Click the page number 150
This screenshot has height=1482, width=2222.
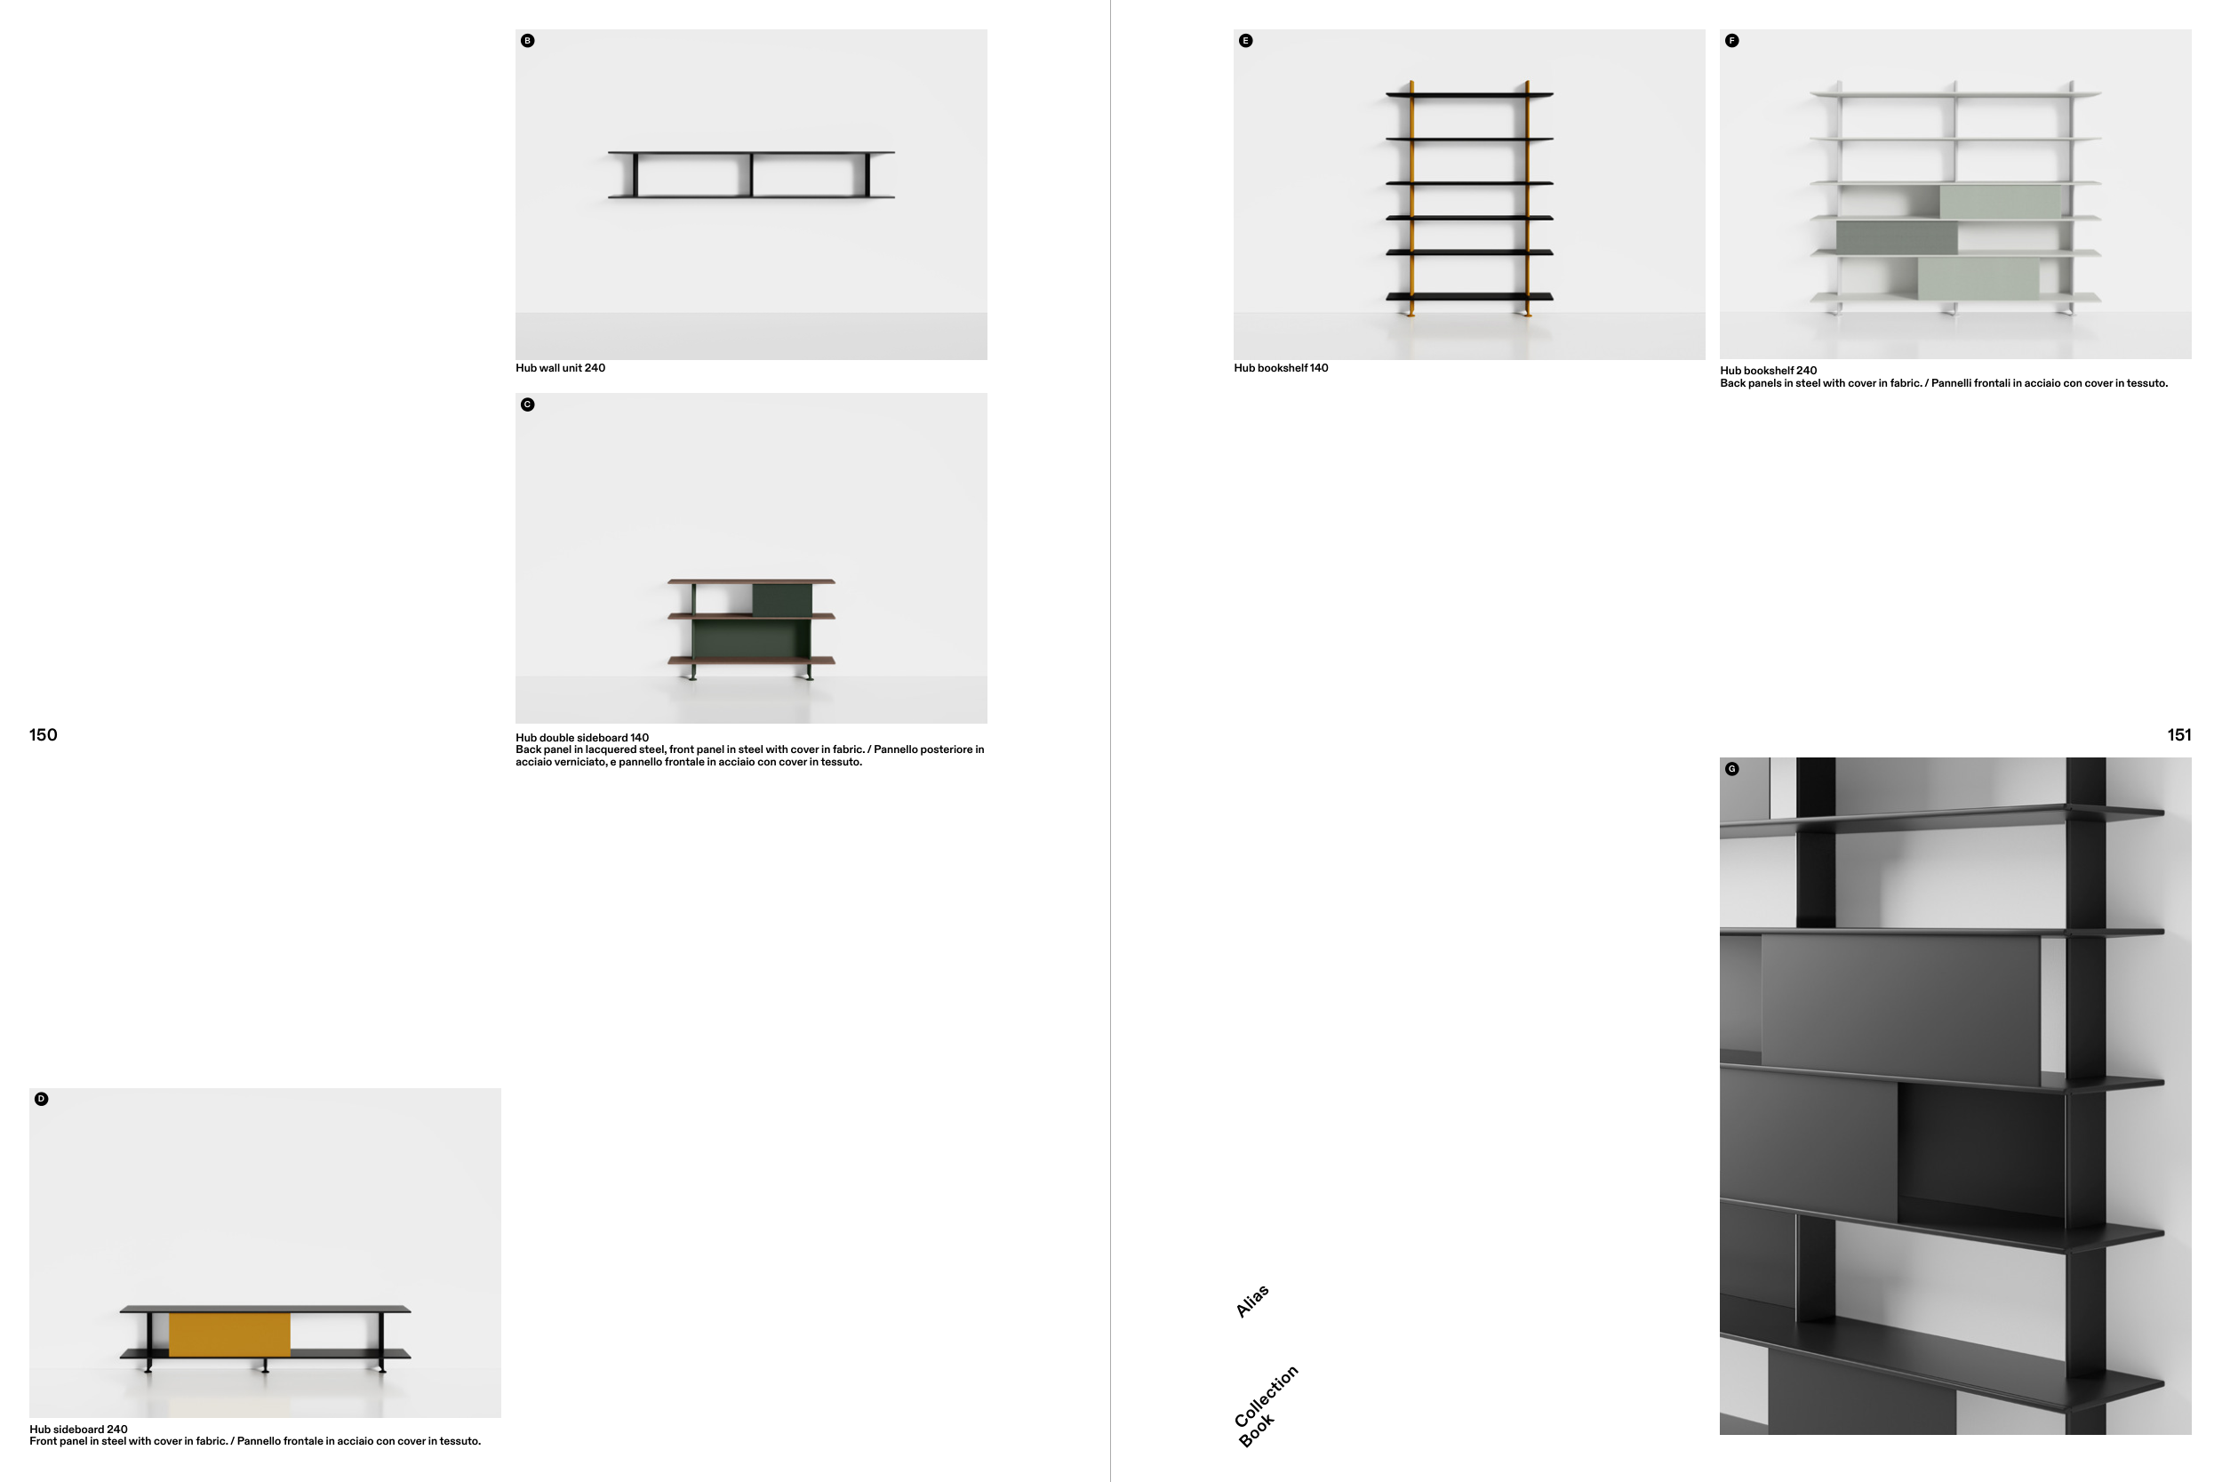43,734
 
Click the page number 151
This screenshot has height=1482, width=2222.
2178,734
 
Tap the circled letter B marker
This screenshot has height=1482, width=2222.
527,41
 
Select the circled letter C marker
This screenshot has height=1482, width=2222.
527,405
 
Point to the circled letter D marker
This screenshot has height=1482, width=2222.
41,1098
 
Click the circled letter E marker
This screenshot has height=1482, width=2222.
1245,41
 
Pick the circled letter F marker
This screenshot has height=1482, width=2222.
1730,41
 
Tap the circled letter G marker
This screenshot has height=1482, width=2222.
1730,768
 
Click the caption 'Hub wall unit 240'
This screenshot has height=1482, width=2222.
560,368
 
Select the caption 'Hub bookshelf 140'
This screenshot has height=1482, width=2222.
1280,368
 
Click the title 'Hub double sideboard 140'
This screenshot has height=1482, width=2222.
582,737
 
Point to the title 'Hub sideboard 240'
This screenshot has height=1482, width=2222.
78,1429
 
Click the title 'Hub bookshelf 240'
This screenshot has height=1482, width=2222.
1768,371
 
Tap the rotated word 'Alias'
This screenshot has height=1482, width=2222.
1251,1302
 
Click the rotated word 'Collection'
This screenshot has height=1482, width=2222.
1266,1396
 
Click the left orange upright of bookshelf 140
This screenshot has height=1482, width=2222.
1411,198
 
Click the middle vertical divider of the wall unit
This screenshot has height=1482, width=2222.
751,175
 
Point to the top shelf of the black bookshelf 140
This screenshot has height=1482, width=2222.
1469,94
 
